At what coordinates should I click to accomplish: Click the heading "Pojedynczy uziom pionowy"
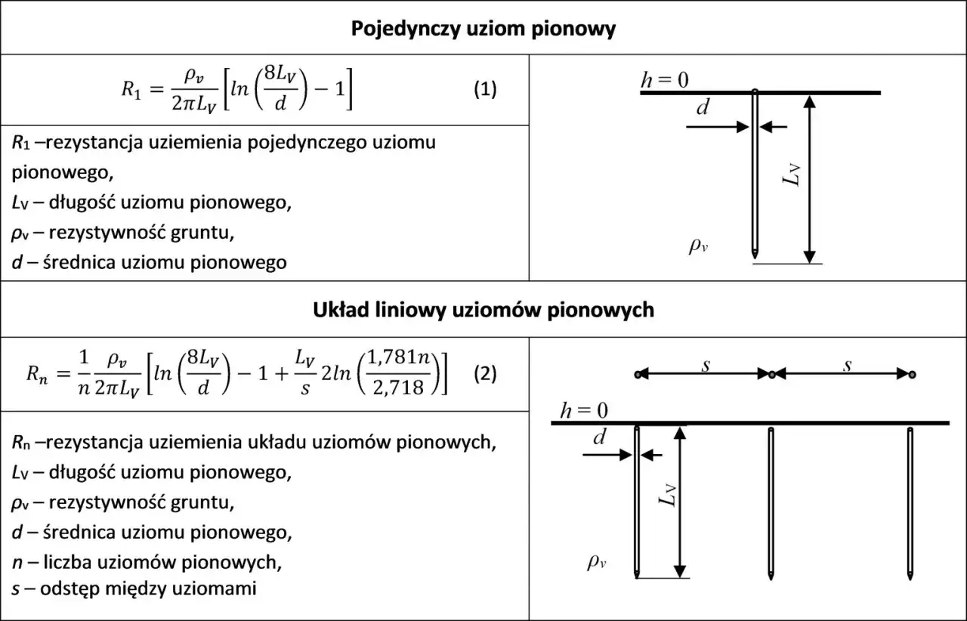483,29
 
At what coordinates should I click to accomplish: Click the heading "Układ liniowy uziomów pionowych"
483,310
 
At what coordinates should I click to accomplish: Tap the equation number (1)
485,89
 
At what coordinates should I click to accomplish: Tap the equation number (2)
485,373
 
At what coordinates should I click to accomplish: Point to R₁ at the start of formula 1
131,90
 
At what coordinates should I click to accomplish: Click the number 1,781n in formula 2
398,358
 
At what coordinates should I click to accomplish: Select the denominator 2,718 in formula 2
398,388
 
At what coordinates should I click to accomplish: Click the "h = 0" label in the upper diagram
665,80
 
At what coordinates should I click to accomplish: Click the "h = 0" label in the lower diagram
584,411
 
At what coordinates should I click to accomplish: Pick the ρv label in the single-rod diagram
699,246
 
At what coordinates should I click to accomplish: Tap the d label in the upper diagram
703,107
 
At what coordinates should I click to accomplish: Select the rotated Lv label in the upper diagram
791,175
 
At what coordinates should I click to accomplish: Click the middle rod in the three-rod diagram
771,503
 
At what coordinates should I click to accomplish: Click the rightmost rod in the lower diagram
910,503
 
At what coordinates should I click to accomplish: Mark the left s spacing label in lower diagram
706,366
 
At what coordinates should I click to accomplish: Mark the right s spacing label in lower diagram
848,366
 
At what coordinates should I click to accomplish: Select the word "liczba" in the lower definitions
67,562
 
